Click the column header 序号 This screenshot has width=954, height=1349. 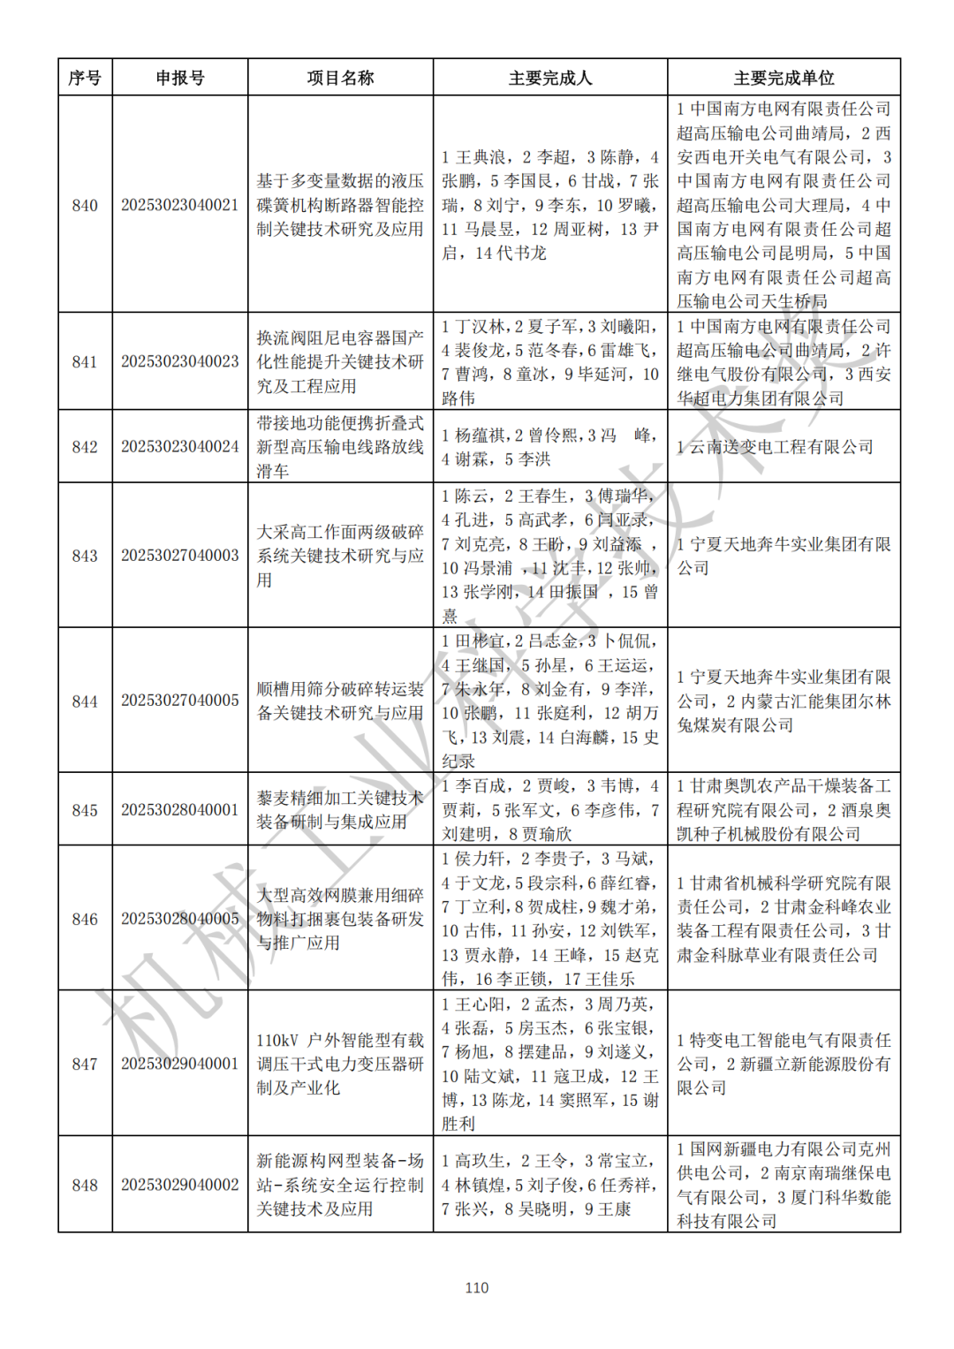tap(85, 78)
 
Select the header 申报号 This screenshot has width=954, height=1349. tap(180, 78)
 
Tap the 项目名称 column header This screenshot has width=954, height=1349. tap(340, 78)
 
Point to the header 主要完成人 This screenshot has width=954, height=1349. tap(549, 78)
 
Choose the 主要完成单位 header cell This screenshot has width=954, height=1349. tap(784, 78)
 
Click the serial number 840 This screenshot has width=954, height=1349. tap(85, 205)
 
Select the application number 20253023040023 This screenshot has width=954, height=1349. tap(180, 361)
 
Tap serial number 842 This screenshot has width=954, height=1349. tap(85, 447)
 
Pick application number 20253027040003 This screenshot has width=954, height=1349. tap(180, 556)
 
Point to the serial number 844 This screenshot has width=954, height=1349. tap(85, 701)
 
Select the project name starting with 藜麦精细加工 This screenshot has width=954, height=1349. tap(340, 810)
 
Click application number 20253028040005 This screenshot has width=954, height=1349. tap(180, 920)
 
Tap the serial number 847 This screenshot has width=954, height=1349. tap(85, 1065)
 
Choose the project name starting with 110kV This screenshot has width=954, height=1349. tap(340, 1065)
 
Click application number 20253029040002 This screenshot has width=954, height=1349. tap(180, 1186)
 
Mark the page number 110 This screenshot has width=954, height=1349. tap(477, 1288)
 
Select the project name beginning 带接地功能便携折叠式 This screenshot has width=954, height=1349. tap(340, 447)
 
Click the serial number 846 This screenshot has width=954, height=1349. tap(85, 920)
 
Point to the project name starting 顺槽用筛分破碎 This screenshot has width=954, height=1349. tap(340, 701)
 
